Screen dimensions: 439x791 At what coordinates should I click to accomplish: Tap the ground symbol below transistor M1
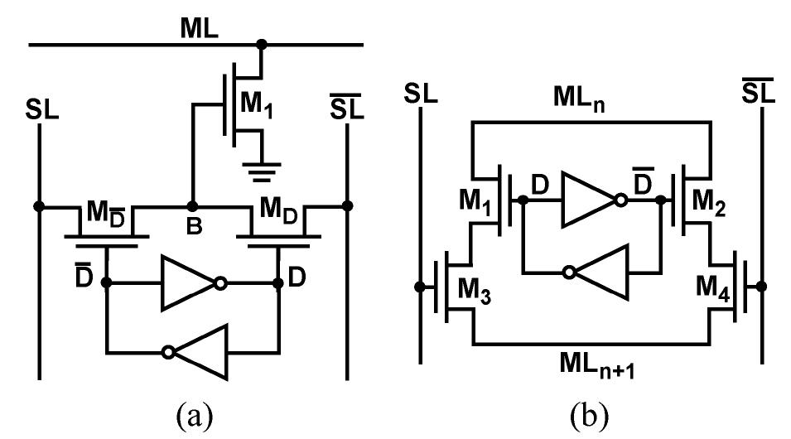click(263, 171)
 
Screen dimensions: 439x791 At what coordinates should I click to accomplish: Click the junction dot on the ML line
click(263, 44)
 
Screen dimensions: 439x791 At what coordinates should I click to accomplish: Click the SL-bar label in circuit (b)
click(757, 91)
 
